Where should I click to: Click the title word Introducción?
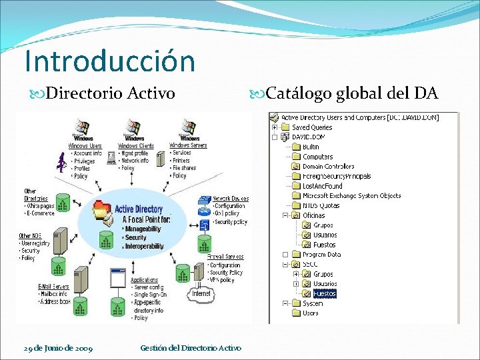[109, 61]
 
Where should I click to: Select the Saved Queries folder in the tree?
[312, 127]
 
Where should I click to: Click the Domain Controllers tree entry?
[328, 167]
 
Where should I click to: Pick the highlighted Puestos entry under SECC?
[325, 293]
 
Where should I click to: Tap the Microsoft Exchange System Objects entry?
[351, 196]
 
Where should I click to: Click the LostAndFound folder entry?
[322, 186]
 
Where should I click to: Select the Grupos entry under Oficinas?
[324, 225]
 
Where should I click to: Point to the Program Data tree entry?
[321, 255]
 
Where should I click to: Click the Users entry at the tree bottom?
[311, 313]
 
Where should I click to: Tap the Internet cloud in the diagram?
[201, 294]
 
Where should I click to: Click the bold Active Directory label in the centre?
[139, 209]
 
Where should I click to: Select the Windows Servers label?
[188, 145]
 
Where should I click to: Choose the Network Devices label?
[230, 199]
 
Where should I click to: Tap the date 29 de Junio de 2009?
[58, 348]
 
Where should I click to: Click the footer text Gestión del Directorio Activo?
[191, 348]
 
